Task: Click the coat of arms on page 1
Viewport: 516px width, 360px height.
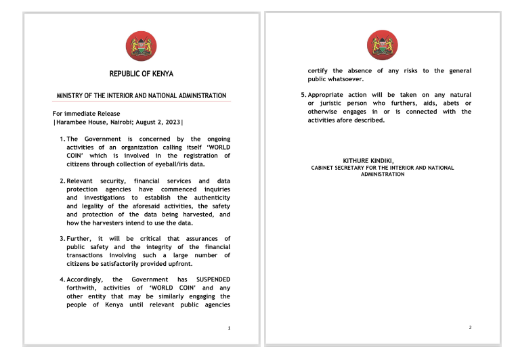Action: point(141,46)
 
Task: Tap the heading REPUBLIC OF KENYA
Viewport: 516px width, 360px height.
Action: point(141,74)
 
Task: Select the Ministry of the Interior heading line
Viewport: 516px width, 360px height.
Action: point(141,95)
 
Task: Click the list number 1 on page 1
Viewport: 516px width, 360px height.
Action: point(62,139)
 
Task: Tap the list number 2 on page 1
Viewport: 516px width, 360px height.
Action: point(62,181)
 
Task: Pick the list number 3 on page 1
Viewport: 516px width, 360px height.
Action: point(62,238)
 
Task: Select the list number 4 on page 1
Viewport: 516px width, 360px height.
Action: point(62,279)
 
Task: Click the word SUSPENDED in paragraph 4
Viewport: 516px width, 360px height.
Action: point(213,279)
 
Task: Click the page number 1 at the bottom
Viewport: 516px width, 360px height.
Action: point(230,328)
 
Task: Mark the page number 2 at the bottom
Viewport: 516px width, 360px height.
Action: point(470,328)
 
